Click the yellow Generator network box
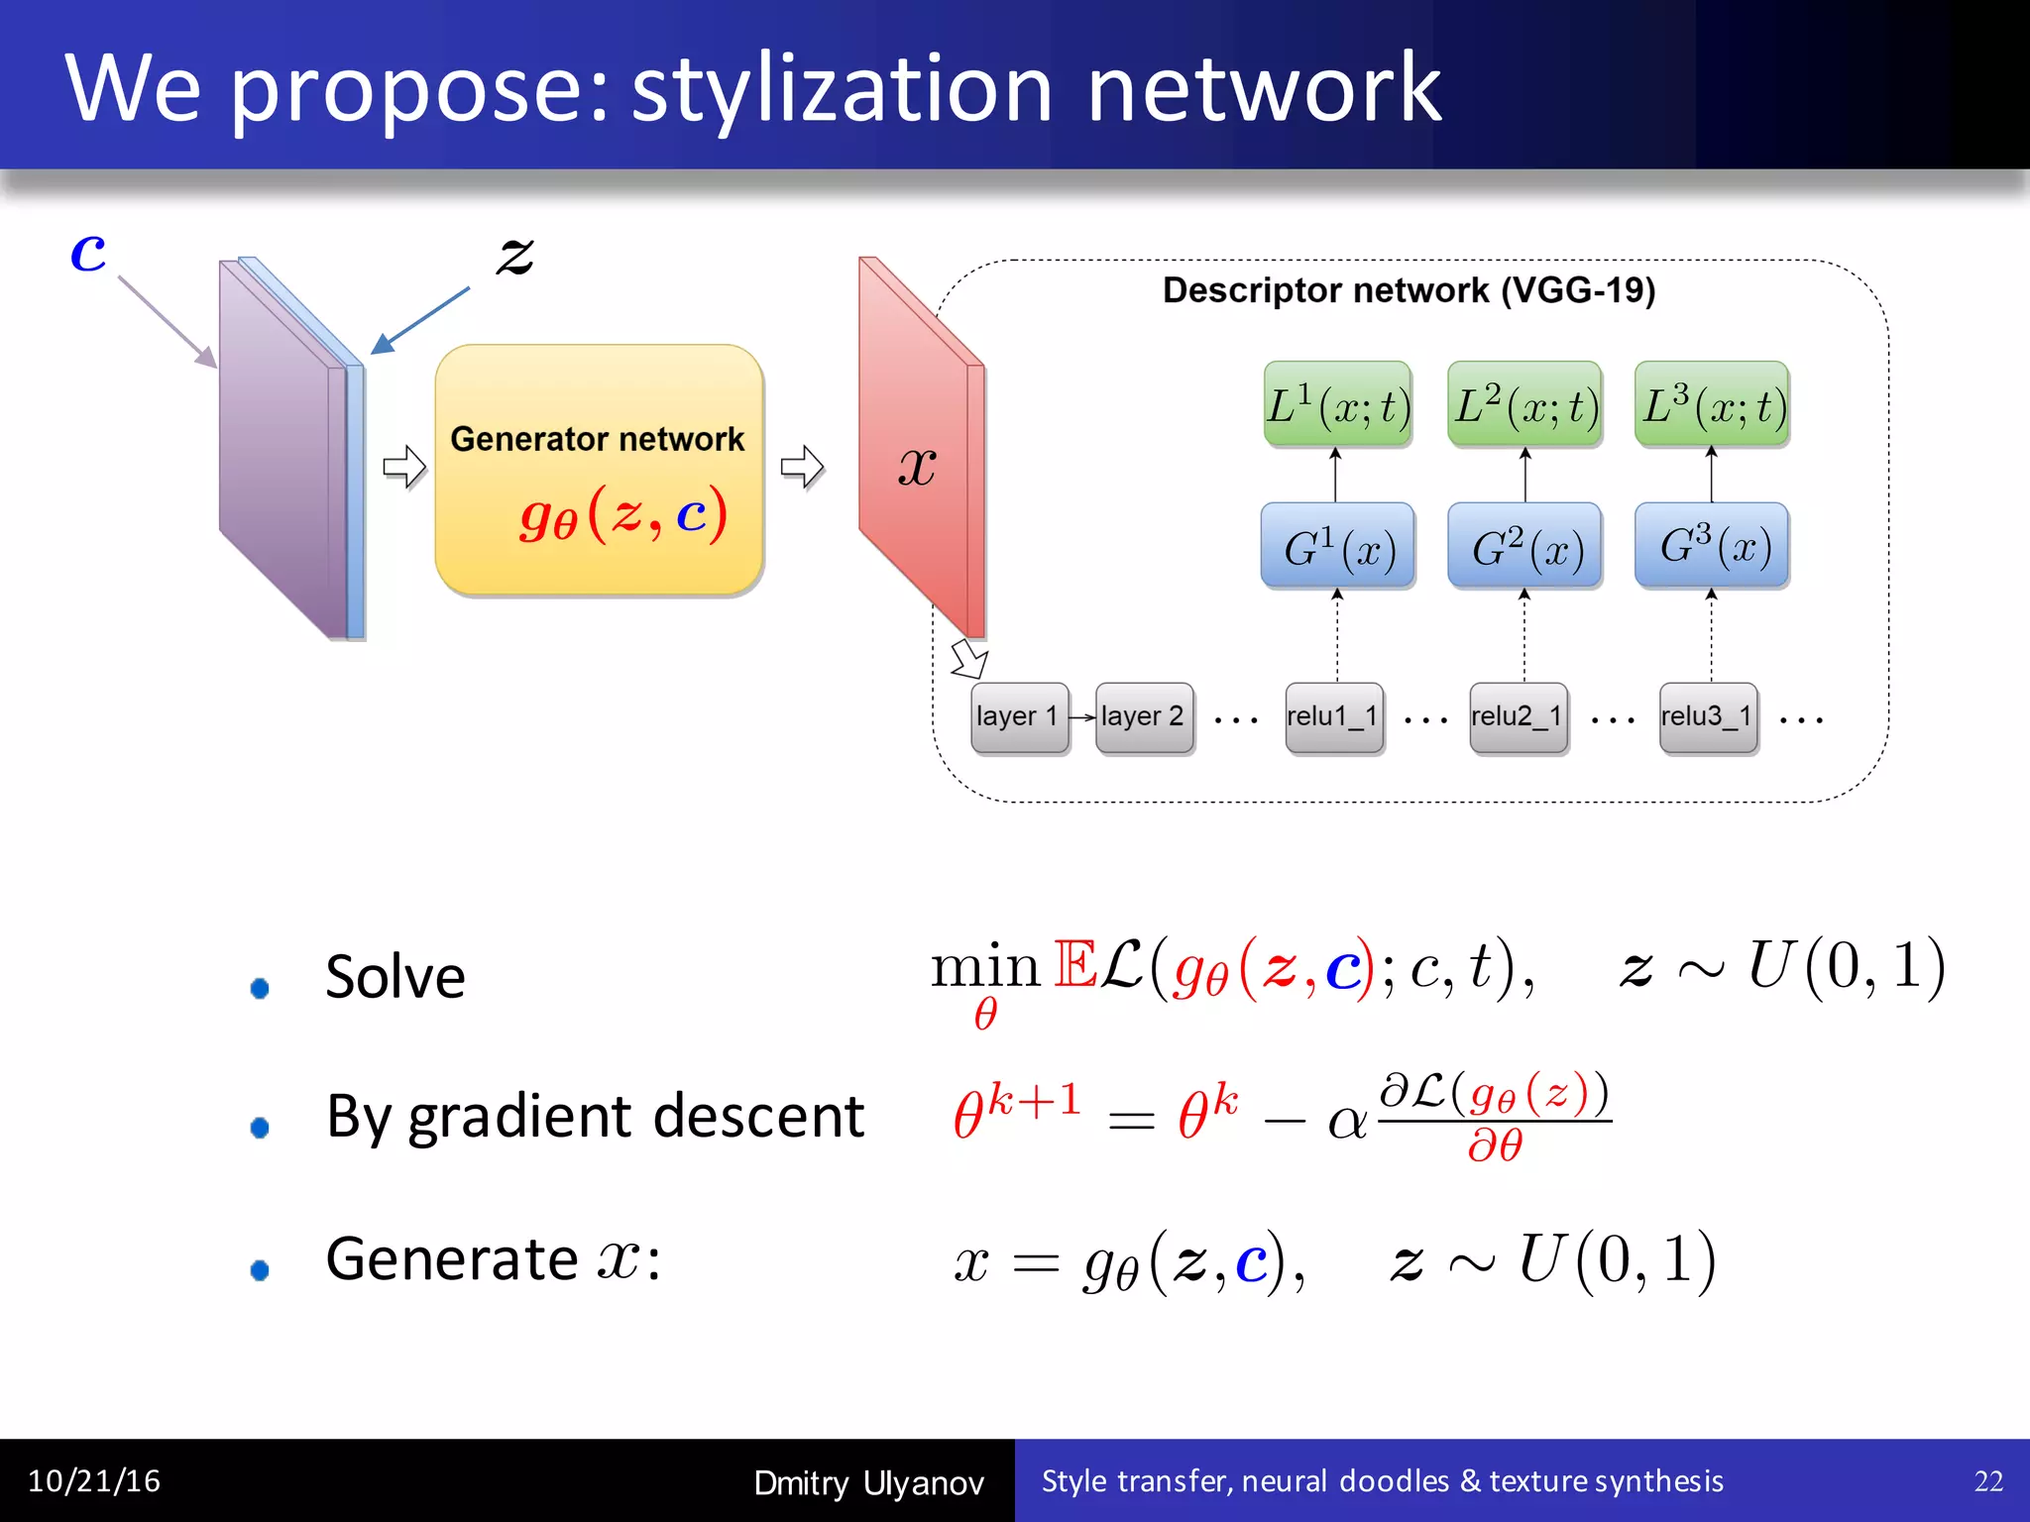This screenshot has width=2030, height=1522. click(x=599, y=469)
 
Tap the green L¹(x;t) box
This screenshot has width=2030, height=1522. click(x=1337, y=404)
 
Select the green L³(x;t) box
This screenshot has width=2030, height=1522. click(x=1712, y=404)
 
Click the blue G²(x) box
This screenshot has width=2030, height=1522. click(x=1524, y=546)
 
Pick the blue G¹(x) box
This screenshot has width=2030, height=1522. click(x=1337, y=546)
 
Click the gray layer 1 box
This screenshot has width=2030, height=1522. click(x=1019, y=716)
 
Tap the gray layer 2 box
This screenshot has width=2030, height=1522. click(x=1144, y=716)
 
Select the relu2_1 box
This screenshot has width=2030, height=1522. click(x=1518, y=716)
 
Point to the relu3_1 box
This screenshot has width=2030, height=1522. click(x=1708, y=716)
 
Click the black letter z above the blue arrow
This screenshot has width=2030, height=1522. click(x=514, y=256)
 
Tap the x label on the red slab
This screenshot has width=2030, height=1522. click(x=917, y=466)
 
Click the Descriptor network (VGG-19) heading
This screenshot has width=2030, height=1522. click(x=1409, y=290)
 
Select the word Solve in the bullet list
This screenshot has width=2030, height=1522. click(x=395, y=977)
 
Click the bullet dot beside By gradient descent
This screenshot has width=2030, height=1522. click(x=260, y=1127)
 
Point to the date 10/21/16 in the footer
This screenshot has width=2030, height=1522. click(x=94, y=1481)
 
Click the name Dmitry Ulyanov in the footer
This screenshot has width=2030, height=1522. click(x=868, y=1482)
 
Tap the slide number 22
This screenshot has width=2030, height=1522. click(x=1988, y=1481)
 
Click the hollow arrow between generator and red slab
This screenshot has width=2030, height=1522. click(x=801, y=467)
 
